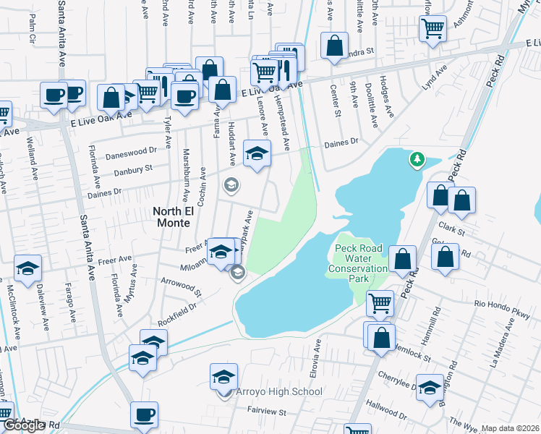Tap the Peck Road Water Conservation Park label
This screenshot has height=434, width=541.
361,263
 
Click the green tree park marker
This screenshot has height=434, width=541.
416,158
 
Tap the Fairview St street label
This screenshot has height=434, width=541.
267,412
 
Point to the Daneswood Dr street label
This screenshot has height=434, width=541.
131,152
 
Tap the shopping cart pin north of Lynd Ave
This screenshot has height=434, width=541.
433,30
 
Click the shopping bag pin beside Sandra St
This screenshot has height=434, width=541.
334,44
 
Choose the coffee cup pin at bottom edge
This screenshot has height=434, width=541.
144,415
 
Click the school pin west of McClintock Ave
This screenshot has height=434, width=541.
27,268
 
